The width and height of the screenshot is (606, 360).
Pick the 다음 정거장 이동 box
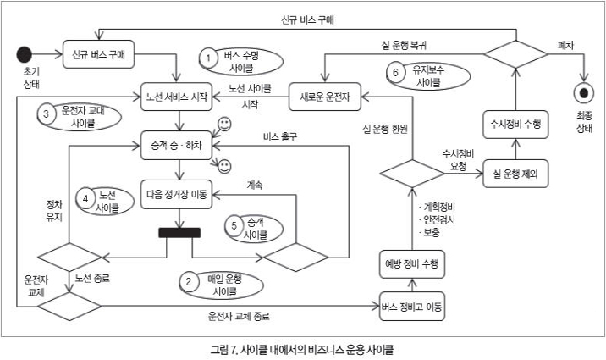pyautogui.click(x=177, y=193)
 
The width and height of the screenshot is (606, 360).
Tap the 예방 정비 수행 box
pyautogui.click(x=410, y=264)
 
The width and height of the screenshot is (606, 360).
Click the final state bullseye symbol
pyautogui.click(x=582, y=91)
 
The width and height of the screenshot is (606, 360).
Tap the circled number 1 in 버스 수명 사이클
pyautogui.click(x=208, y=57)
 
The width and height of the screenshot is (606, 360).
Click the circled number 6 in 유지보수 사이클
pyautogui.click(x=394, y=71)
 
